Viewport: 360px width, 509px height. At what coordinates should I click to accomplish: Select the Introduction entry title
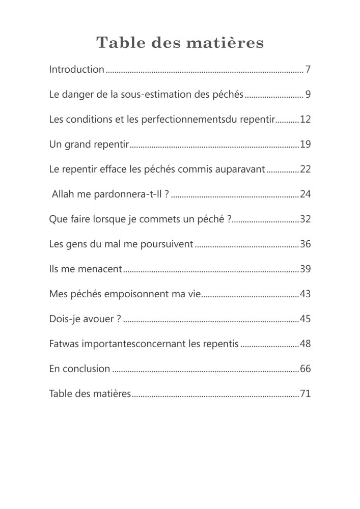(x=76, y=69)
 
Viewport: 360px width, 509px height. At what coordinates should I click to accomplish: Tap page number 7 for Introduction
(x=308, y=69)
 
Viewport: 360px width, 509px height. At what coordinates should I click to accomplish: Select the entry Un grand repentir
(x=89, y=145)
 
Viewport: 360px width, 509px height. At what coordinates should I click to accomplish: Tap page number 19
(x=306, y=145)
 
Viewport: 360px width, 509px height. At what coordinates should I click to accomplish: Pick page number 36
(x=306, y=244)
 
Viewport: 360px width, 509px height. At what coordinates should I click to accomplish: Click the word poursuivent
(x=167, y=244)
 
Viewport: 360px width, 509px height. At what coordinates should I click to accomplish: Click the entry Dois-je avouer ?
(x=85, y=319)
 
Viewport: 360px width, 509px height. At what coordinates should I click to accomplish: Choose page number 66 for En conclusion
(x=306, y=369)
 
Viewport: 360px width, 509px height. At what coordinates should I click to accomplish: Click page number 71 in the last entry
(x=306, y=394)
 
